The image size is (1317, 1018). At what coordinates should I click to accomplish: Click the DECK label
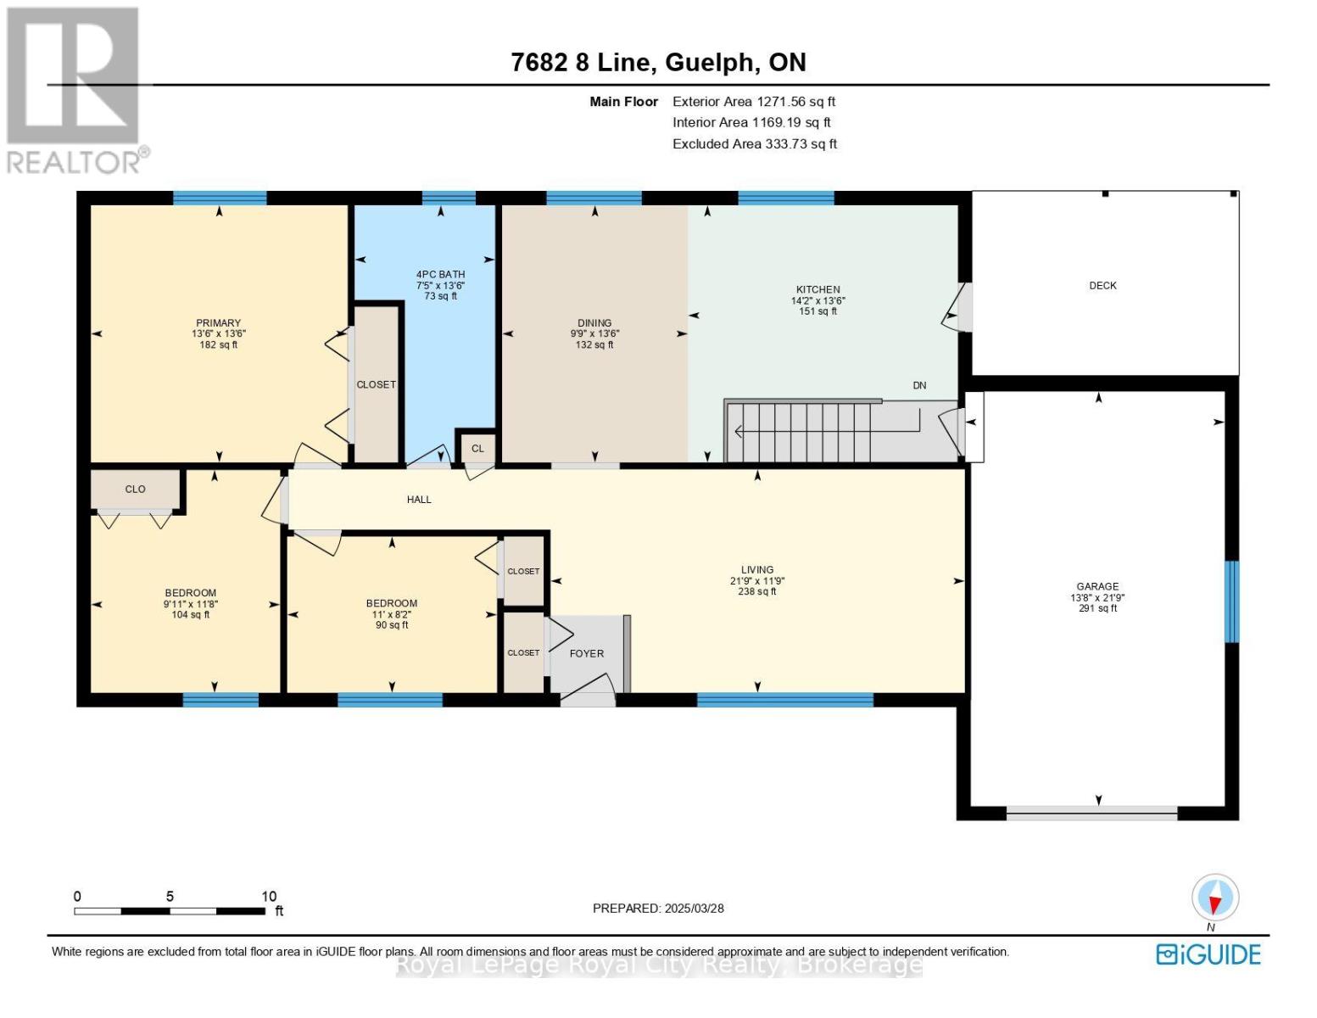coord(1102,286)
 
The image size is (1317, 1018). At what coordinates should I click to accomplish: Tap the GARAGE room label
coord(1097,586)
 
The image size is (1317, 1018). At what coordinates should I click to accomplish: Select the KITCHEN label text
coord(818,290)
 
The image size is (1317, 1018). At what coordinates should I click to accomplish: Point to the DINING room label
coord(594,323)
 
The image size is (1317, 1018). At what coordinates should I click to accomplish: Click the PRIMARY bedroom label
coord(218,323)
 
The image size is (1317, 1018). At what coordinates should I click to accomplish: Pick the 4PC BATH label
coord(441,275)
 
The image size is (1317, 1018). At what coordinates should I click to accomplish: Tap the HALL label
coord(419,500)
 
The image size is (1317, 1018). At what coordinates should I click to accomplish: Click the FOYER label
coord(587,653)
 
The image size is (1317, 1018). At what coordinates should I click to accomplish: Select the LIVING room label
coord(757,570)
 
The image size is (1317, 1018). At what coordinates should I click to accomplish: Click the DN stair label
coord(919,386)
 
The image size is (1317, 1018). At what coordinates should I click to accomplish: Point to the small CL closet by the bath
coord(477,449)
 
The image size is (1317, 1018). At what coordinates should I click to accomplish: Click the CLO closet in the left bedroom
coord(135,489)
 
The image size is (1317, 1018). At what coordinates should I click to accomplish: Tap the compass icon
coord(1214,898)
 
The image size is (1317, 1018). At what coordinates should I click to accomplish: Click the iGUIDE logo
coord(1208,954)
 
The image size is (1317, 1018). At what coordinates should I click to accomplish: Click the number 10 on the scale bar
coord(269,896)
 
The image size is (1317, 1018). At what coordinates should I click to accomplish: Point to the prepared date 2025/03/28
coord(694,909)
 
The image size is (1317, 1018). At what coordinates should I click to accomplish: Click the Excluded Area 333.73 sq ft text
coord(755,144)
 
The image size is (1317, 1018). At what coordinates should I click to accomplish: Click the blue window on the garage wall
coord(1231,601)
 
